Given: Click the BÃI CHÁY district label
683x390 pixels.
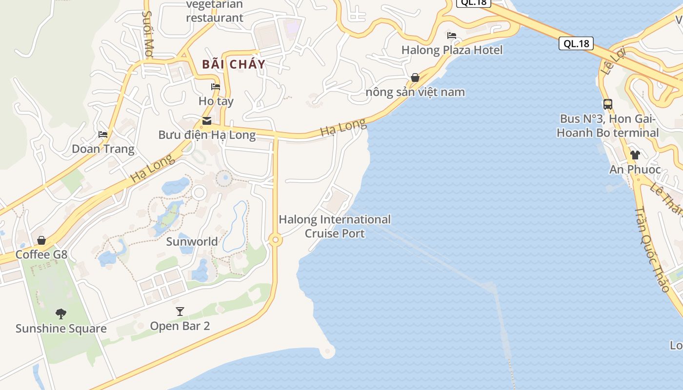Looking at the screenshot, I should point(234,64).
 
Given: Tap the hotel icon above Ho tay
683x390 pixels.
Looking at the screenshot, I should point(216,87).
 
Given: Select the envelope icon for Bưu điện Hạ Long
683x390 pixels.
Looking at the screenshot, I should point(207,121).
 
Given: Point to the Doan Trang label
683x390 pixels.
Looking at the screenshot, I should point(103,149).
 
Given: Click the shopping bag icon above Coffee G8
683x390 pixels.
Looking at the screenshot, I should point(41,240).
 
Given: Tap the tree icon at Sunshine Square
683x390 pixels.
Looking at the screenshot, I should point(60,313).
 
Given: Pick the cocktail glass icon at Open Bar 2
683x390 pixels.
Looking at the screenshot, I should point(180,311).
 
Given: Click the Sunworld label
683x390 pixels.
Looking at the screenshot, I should point(192,242).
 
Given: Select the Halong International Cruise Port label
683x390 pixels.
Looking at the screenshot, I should point(335,226).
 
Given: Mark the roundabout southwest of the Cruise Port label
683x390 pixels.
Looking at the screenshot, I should point(276,240).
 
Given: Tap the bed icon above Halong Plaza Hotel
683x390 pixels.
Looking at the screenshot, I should point(452,36).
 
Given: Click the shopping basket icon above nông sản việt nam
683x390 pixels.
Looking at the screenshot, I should point(415,78).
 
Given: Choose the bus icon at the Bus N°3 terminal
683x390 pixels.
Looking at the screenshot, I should point(607,104).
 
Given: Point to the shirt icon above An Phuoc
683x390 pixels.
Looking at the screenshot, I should point(635,155).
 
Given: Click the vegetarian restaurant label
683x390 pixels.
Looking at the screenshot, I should point(214,11).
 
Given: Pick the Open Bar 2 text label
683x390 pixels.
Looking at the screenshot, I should point(180,326).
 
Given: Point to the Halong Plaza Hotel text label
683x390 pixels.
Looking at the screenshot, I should point(452,50).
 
